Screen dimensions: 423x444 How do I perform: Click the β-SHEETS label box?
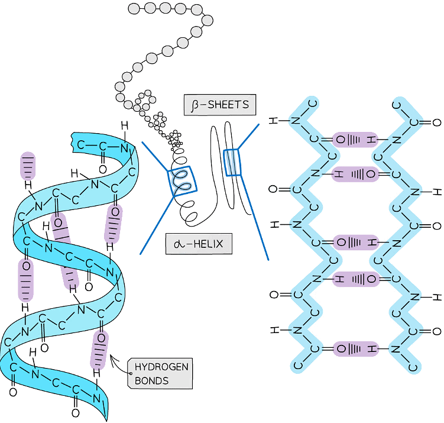coord(219,106)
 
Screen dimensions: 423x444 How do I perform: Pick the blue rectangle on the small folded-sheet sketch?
coord(232,163)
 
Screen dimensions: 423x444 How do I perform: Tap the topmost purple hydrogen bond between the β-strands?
coord(355,140)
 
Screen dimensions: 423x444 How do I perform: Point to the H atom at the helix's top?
coord(124,126)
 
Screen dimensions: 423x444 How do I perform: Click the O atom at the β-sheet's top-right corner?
coord(437,123)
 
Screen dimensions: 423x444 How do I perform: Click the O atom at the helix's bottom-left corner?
coord(12,392)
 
